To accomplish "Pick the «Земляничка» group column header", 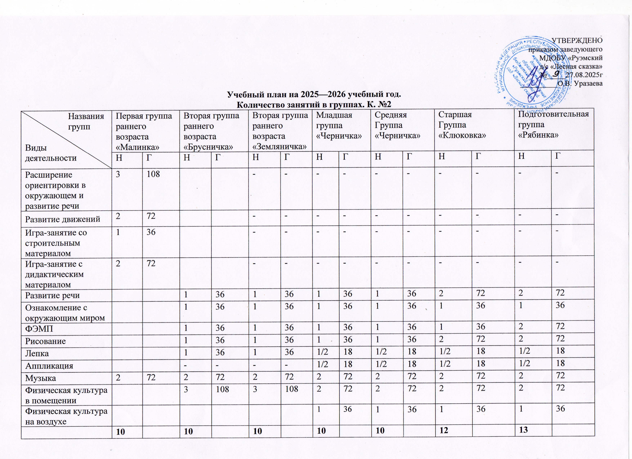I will tap(280, 131).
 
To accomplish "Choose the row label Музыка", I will tap(40, 378).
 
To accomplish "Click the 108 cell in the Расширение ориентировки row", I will tap(153, 175).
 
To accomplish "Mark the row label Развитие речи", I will tap(52, 295).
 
